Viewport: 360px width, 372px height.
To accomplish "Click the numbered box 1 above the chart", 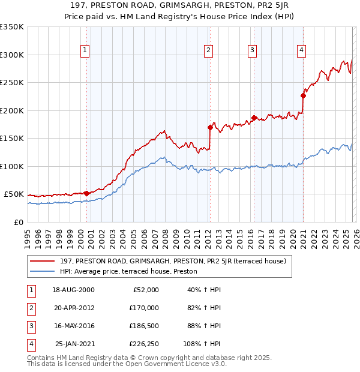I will (85, 50).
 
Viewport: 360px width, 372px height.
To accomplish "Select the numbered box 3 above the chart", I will (252, 50).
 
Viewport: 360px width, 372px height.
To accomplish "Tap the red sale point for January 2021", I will (304, 95).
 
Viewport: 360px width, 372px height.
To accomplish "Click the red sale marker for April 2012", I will (210, 127).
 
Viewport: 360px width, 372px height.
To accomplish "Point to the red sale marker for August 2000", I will (86, 193).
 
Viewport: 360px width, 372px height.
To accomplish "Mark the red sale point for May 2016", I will (254, 118).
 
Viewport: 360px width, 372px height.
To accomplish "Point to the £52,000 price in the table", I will (144, 290).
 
